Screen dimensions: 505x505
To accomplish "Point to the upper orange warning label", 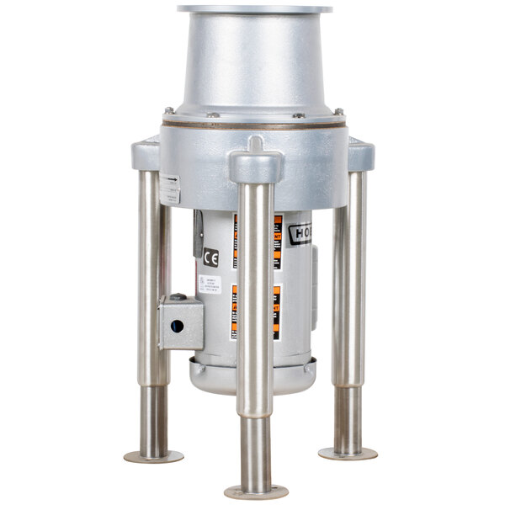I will tap(277, 240).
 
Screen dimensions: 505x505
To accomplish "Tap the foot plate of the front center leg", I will tap(257, 492).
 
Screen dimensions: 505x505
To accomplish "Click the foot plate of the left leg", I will tap(153, 456).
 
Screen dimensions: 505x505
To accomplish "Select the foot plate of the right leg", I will tap(347, 454).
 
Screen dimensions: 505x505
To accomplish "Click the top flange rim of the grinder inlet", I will tap(253, 9).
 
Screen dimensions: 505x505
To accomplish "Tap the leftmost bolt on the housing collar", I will tap(168, 110).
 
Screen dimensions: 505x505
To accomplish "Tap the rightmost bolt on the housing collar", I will tap(338, 111).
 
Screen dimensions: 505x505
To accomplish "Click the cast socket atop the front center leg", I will tap(255, 160).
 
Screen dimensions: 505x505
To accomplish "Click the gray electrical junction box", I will tap(179, 323).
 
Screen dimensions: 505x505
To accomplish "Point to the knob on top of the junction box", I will tap(178, 296).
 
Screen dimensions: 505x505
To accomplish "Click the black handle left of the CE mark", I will tap(198, 233).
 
